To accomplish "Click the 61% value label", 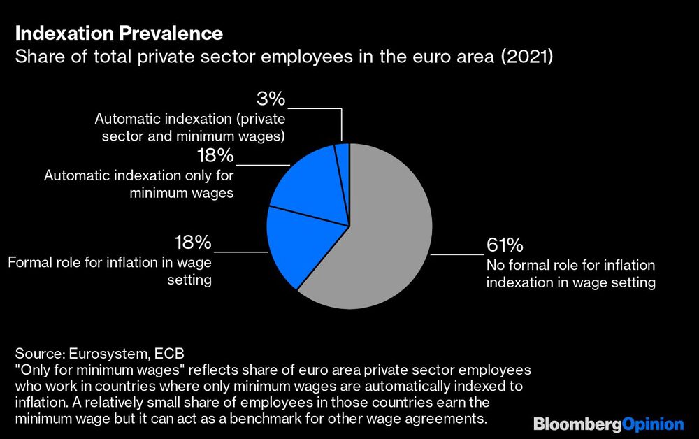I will pyautogui.click(x=504, y=246).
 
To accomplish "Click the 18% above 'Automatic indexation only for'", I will pyautogui.click(x=215, y=155).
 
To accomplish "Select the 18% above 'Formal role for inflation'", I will pyautogui.click(x=192, y=243).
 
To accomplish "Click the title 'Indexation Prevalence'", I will pyautogui.click(x=119, y=33).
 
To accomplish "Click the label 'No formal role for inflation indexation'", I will pyautogui.click(x=570, y=274).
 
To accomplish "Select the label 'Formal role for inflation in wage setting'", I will pyautogui.click(x=110, y=271).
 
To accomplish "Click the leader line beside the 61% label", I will pyautogui.click(x=457, y=254).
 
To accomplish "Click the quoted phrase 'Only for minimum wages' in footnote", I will pyautogui.click(x=94, y=368).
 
